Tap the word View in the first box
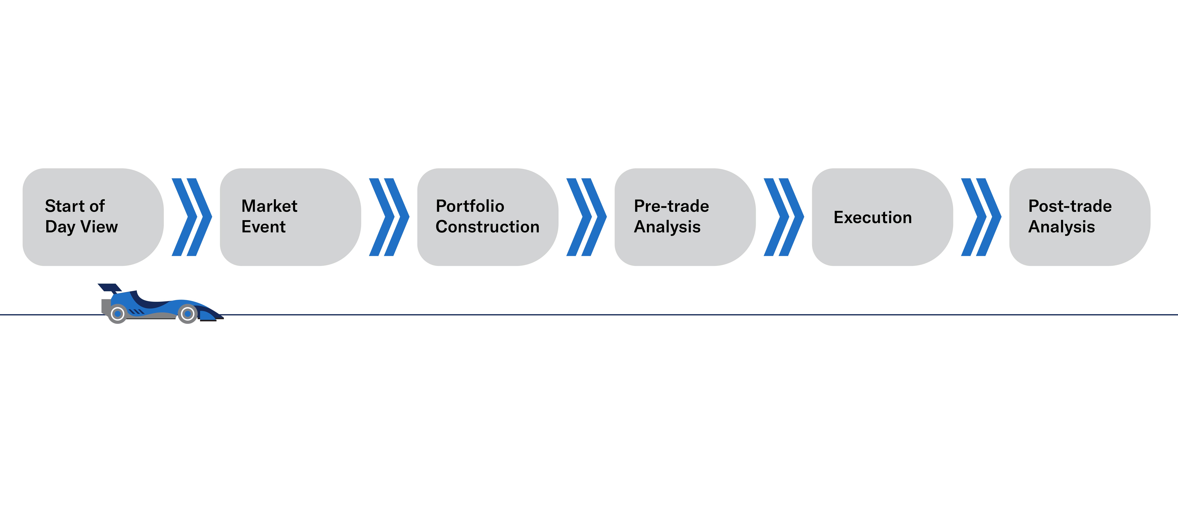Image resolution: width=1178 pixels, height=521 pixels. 99,227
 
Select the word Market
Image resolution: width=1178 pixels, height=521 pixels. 269,206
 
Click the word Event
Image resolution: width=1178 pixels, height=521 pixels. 263,227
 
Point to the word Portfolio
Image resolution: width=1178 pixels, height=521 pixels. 470,206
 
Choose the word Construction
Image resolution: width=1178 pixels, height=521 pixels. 487,227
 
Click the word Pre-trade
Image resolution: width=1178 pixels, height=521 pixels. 671,206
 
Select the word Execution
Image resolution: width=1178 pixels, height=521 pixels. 873,218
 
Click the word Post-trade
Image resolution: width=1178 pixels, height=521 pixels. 1070,206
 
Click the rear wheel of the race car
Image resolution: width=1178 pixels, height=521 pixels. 118,314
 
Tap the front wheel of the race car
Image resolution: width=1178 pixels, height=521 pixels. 188,314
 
